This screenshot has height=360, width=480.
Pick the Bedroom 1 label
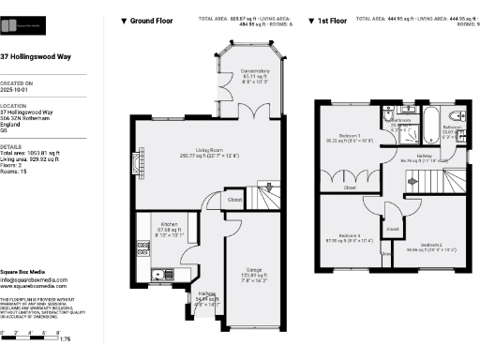point(350,137)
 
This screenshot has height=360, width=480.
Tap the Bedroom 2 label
point(437,244)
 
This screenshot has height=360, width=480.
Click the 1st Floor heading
point(331,20)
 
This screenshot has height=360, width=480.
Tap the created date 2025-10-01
point(17,93)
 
